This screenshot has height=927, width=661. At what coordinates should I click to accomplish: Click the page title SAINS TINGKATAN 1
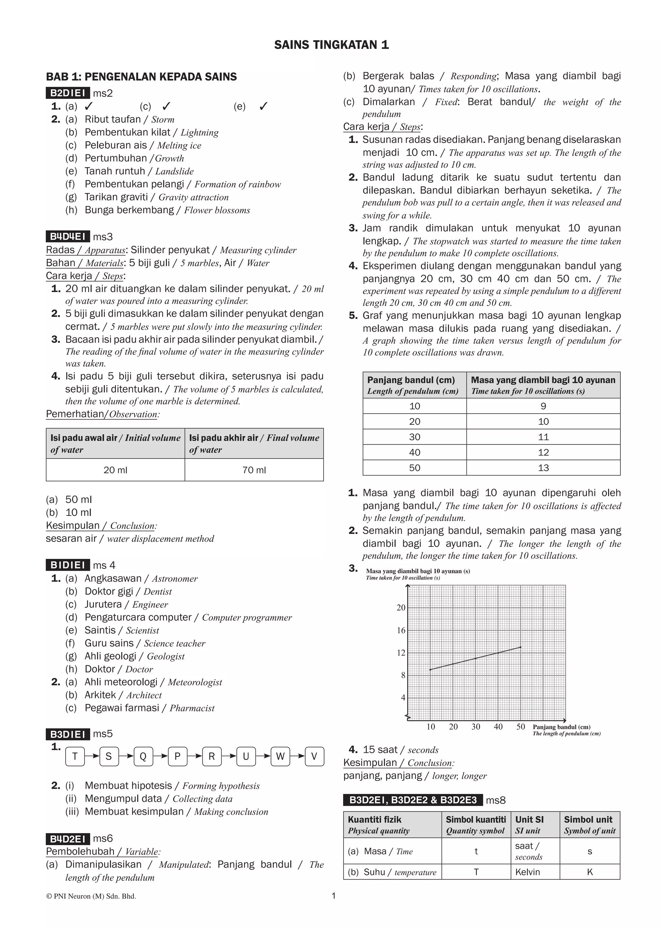331,45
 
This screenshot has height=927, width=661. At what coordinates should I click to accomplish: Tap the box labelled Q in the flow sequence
143,757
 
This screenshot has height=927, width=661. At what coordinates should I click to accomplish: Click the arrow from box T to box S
92,757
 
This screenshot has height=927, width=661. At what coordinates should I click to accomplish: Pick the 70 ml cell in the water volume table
254,470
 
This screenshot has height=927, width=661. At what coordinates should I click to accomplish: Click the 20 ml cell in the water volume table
115,470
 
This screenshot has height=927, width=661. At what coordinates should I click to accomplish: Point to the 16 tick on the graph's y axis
401,630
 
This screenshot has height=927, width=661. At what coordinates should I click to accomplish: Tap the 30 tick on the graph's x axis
475,727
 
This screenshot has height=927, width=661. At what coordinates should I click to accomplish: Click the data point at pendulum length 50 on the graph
521,647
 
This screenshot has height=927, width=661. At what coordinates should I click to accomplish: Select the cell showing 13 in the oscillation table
544,468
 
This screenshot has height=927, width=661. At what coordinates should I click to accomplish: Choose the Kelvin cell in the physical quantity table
527,872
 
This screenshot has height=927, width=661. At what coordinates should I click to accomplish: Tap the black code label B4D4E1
67,237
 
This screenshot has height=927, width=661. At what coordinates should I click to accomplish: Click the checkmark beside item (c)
166,106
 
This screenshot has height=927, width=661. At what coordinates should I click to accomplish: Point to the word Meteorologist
195,682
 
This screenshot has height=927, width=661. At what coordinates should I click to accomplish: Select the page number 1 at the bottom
334,896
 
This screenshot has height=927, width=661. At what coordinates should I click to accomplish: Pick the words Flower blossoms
217,210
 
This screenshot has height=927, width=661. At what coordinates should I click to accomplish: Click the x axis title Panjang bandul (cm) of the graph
561,727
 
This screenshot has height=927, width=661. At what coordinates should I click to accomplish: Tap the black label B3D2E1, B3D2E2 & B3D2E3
413,800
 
